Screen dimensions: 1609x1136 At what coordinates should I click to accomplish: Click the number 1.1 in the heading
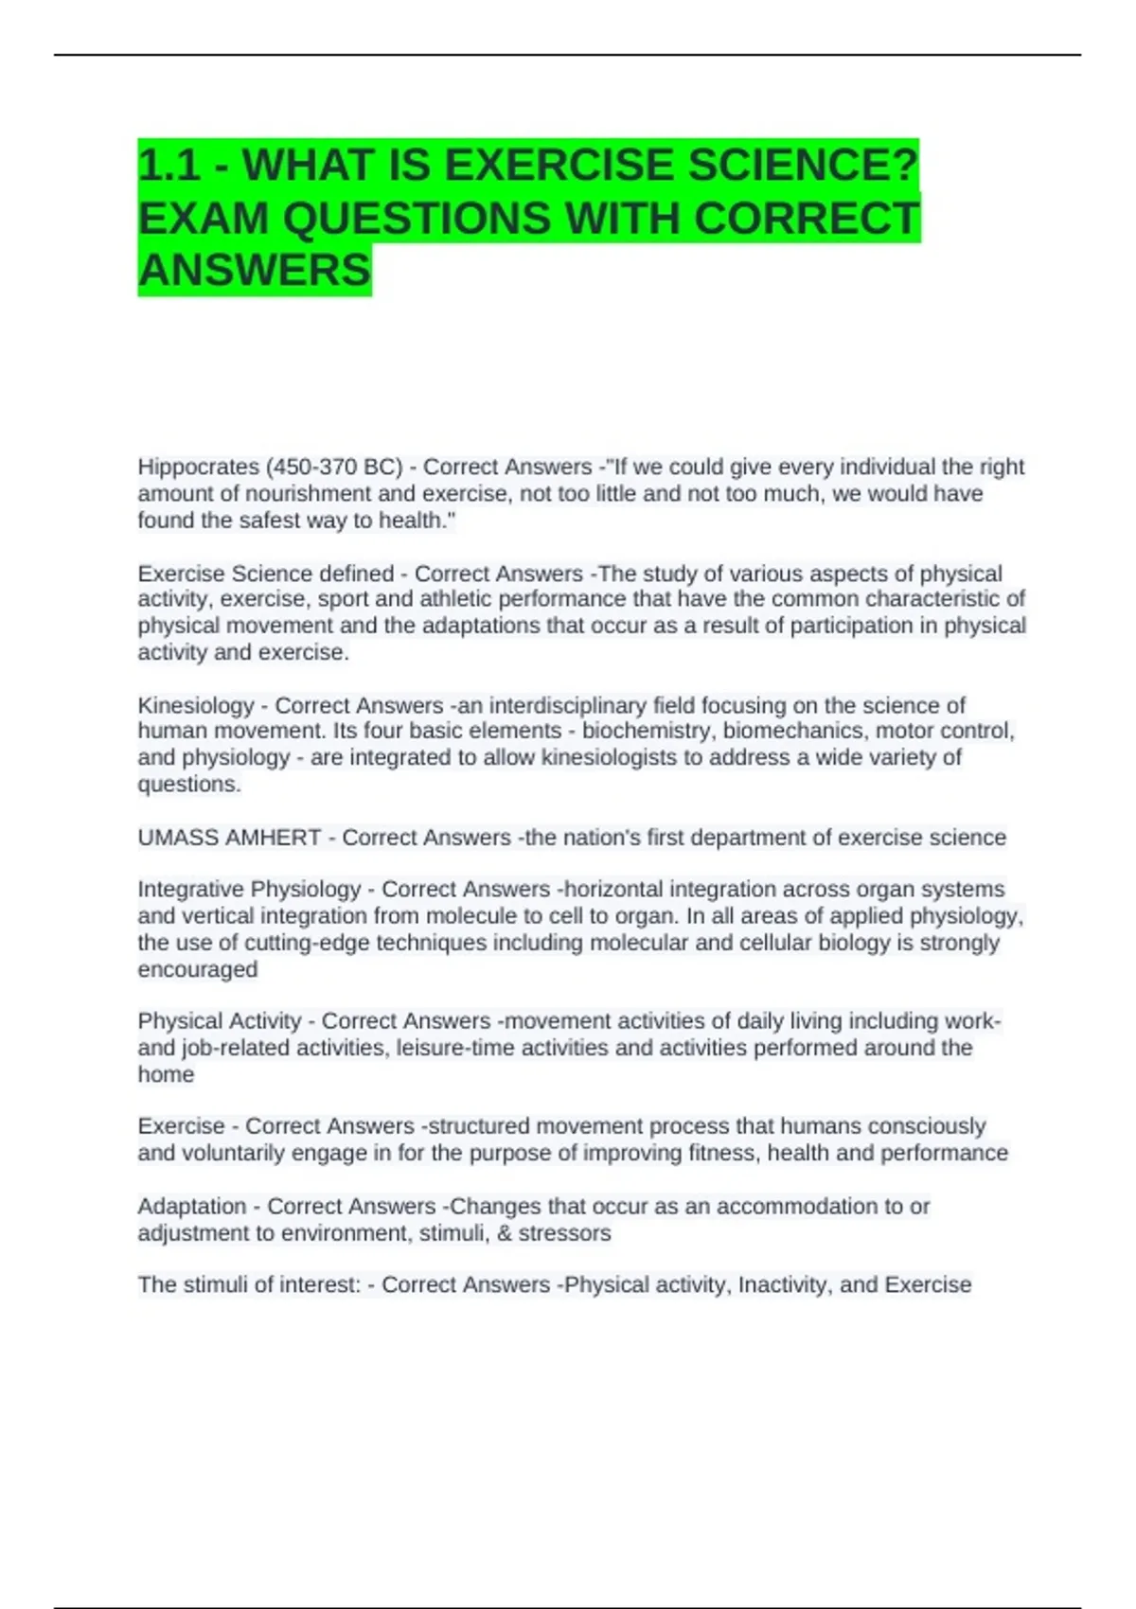click(169, 166)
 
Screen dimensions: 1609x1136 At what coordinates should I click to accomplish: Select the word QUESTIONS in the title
click(417, 219)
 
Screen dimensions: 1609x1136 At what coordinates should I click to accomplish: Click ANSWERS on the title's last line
click(255, 271)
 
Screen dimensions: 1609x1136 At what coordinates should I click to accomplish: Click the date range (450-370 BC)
click(334, 468)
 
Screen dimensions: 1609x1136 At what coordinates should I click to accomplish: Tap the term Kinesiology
click(196, 706)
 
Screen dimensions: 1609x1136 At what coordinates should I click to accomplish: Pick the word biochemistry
click(646, 732)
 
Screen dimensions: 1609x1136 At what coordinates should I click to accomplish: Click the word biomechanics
click(792, 732)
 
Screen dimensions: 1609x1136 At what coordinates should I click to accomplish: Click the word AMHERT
click(276, 838)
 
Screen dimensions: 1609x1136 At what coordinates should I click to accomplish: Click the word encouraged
click(198, 970)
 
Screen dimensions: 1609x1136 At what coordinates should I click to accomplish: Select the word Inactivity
click(782, 1285)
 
